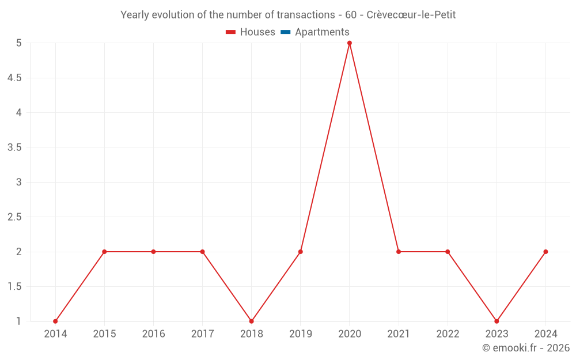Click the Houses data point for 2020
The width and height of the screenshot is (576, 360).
pyautogui.click(x=350, y=43)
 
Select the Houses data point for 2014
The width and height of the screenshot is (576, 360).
pyautogui.click(x=55, y=321)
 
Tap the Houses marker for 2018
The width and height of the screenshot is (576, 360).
pyautogui.click(x=252, y=321)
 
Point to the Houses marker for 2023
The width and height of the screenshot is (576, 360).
pyautogui.click(x=497, y=321)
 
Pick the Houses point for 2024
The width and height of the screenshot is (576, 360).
pyautogui.click(x=545, y=252)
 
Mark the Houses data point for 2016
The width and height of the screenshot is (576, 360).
pyautogui.click(x=153, y=252)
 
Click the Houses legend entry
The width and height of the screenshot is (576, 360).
pyautogui.click(x=251, y=32)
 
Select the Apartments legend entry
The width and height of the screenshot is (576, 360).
pyautogui.click(x=315, y=32)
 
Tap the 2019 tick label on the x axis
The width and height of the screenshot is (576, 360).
pyautogui.click(x=301, y=334)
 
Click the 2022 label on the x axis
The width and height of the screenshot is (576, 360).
pyautogui.click(x=448, y=334)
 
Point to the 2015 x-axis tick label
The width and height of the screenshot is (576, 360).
pyautogui.click(x=104, y=334)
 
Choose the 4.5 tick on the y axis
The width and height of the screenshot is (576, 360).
pyautogui.click(x=14, y=78)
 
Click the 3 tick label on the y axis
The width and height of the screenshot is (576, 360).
pyautogui.click(x=18, y=183)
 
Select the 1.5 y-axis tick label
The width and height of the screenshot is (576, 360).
pyautogui.click(x=14, y=287)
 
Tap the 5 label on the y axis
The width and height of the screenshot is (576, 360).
pyautogui.click(x=18, y=43)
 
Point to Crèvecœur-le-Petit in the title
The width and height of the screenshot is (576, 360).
pyautogui.click(x=411, y=15)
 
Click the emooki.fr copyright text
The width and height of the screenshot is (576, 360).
pyautogui.click(x=526, y=348)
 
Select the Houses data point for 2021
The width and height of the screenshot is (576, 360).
pyautogui.click(x=399, y=252)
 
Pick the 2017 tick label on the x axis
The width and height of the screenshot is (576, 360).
pyautogui.click(x=202, y=334)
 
